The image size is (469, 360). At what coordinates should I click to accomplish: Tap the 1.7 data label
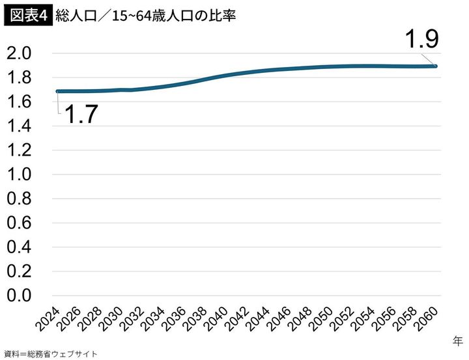coord(80,115)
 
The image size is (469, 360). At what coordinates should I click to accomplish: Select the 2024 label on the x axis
coord(47,320)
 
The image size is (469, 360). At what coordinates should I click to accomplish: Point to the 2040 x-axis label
coord(215,320)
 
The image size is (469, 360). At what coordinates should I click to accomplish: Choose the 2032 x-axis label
coord(131,320)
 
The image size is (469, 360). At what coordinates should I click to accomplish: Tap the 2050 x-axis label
coord(320,320)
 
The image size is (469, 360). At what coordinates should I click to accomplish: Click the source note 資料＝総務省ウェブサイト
coord(50,353)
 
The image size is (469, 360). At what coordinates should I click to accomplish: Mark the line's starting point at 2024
coord(58,91)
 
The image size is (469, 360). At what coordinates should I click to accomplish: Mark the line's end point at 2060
coord(436,66)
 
